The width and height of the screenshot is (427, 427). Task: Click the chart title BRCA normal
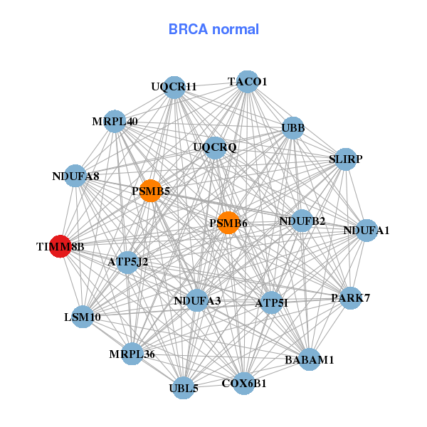coord(213,29)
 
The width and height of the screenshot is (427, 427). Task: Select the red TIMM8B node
coord(60,247)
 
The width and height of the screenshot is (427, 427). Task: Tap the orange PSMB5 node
coord(150,190)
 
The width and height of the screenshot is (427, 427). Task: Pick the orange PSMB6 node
coord(228,223)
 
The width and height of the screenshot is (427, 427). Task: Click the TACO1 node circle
coord(247,82)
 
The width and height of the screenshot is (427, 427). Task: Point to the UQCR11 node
coord(174,88)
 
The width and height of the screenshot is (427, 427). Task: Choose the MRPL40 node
coord(115,121)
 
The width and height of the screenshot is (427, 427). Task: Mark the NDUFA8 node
coord(76,176)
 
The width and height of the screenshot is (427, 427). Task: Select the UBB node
coord(293,128)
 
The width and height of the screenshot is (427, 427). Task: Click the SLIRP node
coord(345,159)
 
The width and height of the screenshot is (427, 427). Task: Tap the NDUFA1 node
coord(367,230)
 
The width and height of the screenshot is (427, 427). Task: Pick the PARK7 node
coord(350,297)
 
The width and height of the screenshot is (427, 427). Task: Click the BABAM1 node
coord(309,359)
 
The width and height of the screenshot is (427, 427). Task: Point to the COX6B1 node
coord(243,384)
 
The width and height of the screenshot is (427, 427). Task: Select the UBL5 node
coord(184,388)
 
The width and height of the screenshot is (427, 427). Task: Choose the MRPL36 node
coord(132,354)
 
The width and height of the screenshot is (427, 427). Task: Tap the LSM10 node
coord(83,317)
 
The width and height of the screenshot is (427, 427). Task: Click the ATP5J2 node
coord(128,262)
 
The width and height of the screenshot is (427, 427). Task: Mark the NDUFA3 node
coord(197,300)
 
